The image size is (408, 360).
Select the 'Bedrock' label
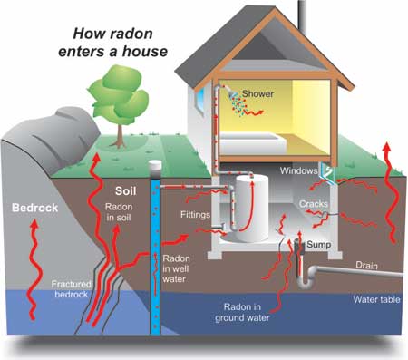pyautogui.click(x=34, y=209)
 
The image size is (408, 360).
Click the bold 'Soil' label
pyautogui.click(x=129, y=192)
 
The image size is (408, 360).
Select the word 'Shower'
pyautogui.click(x=283, y=93)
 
